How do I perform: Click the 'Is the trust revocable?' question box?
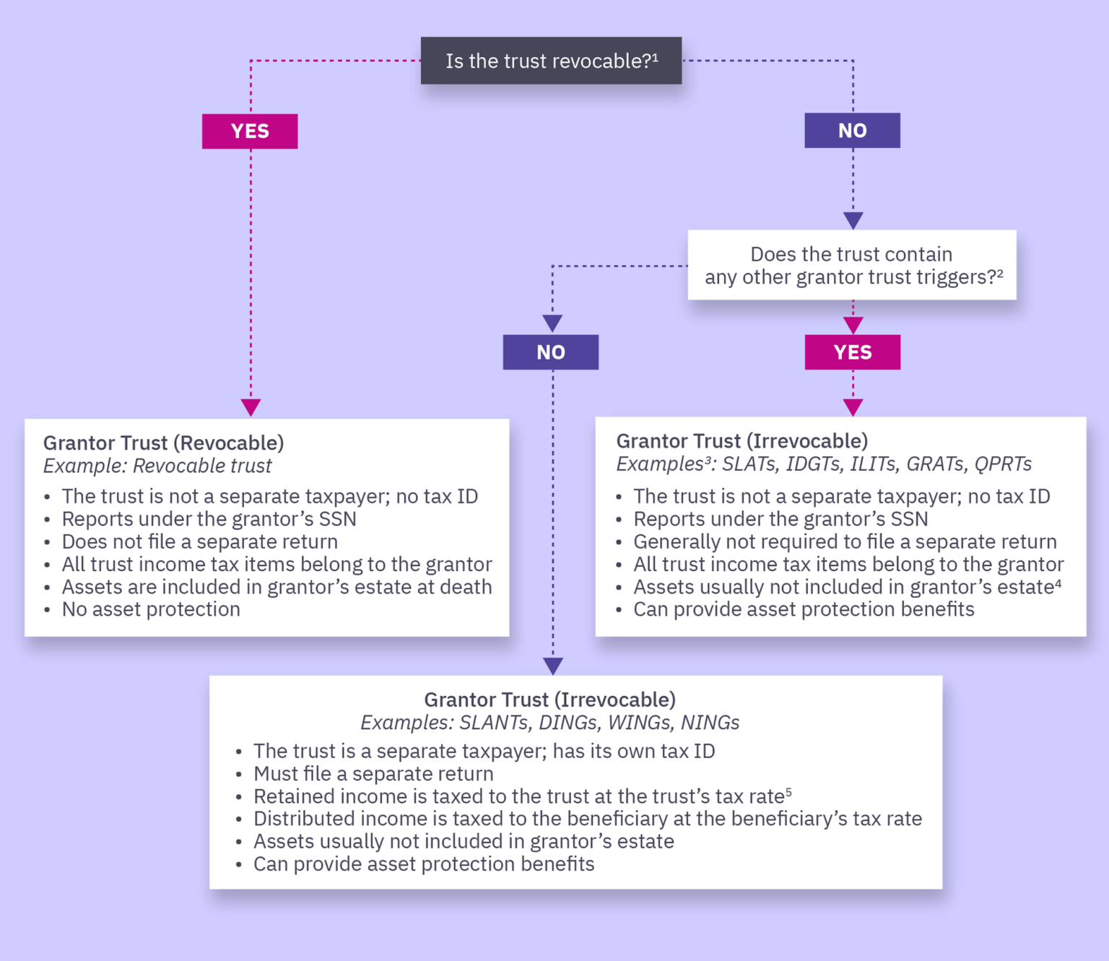click(551, 61)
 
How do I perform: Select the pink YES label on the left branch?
click(250, 131)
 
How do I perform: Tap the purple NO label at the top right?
click(852, 131)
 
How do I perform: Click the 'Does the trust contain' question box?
click(852, 265)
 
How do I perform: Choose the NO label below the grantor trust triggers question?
click(550, 352)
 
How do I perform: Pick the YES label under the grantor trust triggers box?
click(852, 352)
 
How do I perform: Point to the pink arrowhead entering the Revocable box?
click(251, 407)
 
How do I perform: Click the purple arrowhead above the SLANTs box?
click(553, 666)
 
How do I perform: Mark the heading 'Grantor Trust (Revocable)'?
click(164, 443)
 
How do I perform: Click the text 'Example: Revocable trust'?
click(157, 466)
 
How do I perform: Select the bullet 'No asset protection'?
click(151, 609)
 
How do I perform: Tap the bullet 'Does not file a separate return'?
click(199, 542)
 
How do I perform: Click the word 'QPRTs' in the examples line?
click(1003, 464)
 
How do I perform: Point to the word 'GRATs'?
click(935, 464)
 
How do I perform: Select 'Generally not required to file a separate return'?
click(845, 542)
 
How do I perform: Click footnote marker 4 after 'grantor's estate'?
click(1058, 583)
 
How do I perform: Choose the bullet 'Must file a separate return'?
click(373, 774)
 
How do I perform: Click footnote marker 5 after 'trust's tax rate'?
click(788, 792)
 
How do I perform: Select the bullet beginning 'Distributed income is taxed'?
click(588, 819)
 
